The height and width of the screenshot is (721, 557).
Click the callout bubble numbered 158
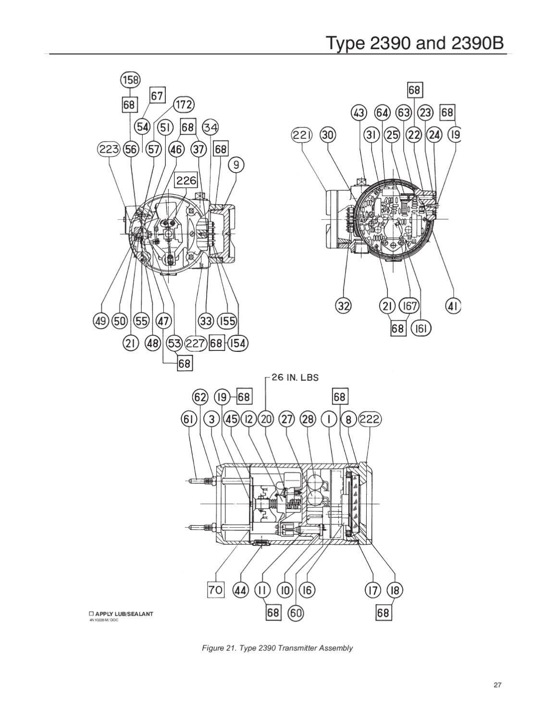[x=130, y=80]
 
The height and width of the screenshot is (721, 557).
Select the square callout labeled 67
[x=157, y=96]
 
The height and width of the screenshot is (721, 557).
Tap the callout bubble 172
[x=184, y=104]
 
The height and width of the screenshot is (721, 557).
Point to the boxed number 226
[x=186, y=180]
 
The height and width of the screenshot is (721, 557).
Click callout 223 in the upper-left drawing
[x=109, y=149]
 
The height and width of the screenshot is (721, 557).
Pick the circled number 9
[x=236, y=165]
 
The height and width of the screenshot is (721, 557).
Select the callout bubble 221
[x=302, y=135]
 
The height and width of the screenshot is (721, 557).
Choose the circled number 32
[x=344, y=305]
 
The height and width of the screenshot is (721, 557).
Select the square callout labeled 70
[x=216, y=589]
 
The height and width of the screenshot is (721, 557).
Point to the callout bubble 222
[x=371, y=419]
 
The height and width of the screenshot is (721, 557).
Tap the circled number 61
[x=189, y=419]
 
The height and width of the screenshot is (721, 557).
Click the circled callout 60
[x=295, y=612]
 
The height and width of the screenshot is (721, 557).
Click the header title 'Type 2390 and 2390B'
[x=416, y=43]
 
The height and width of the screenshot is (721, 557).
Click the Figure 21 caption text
[x=277, y=648]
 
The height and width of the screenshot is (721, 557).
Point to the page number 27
[x=497, y=685]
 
